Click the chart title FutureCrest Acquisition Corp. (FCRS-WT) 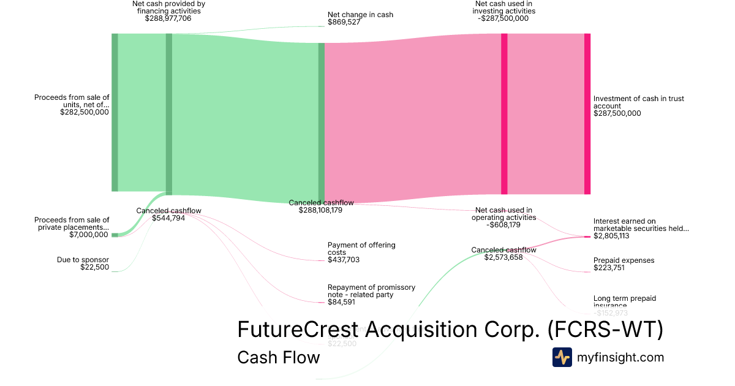pos(450,329)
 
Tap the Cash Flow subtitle pos(278,357)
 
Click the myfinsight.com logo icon pos(562,357)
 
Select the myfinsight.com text pos(620,357)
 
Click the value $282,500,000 pos(85,112)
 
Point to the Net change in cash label pos(360,15)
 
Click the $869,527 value pos(344,22)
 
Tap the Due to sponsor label pos(83,260)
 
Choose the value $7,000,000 pos(89,235)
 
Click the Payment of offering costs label pos(361,249)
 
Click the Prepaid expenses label pos(624,260)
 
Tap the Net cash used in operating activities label pos(503,214)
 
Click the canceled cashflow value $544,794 pos(168,218)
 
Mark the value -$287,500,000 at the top pos(503,18)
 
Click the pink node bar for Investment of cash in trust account pos(587,114)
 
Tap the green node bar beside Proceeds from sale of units pos(115,112)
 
